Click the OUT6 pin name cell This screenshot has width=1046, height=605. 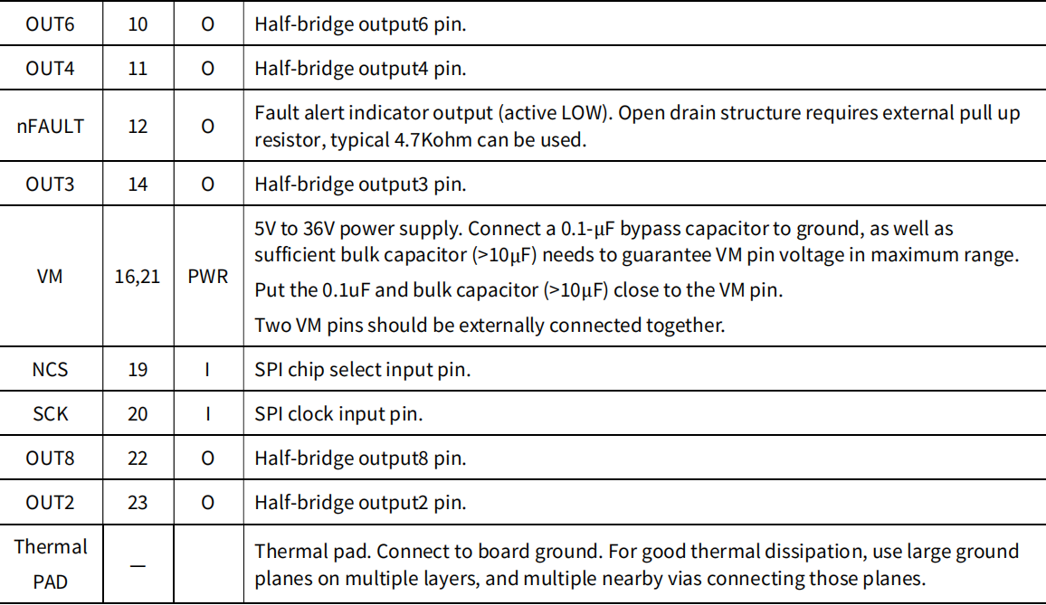[x=50, y=24]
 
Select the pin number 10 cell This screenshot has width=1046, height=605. [x=138, y=24]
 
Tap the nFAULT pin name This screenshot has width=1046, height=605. [x=50, y=127]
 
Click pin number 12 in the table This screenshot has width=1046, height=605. [x=138, y=127]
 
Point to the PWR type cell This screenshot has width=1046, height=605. [x=208, y=277]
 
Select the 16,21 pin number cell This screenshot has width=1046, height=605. [x=138, y=277]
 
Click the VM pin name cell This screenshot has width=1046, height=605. [x=50, y=277]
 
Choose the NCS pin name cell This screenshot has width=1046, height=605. [x=50, y=370]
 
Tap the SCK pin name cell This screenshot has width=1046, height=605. [x=50, y=414]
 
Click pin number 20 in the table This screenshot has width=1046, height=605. [x=138, y=414]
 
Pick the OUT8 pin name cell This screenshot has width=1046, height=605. [x=50, y=458]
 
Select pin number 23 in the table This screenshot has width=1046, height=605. [x=138, y=502]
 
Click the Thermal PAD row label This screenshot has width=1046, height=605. [x=51, y=564]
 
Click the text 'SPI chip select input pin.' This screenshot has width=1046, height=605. [x=363, y=370]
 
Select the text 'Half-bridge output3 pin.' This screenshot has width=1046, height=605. [x=360, y=184]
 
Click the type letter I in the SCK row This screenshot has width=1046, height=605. [x=208, y=414]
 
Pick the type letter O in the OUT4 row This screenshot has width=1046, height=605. [x=208, y=69]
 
